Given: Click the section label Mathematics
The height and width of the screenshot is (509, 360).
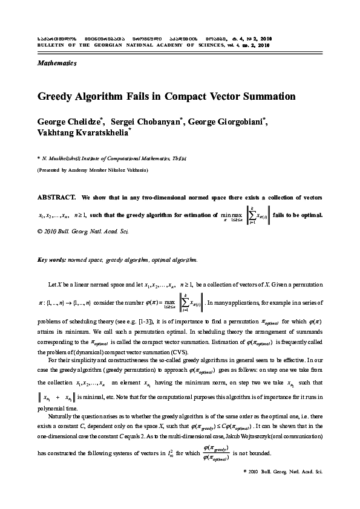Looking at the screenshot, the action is click(x=57, y=63).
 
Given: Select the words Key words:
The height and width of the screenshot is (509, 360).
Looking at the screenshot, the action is click(x=51, y=259).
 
